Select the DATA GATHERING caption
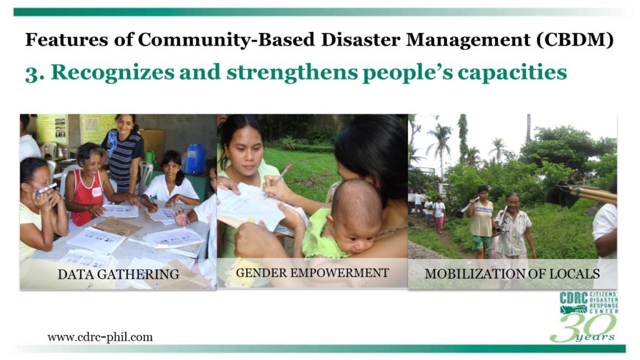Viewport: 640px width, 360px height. [118, 274]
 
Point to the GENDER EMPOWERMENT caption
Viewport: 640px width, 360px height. [312, 272]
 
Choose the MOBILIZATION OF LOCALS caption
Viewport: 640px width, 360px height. [512, 274]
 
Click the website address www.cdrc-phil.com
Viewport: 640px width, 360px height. [100, 337]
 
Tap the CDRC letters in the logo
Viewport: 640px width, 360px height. [574, 298]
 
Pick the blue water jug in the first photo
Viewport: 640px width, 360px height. [196, 159]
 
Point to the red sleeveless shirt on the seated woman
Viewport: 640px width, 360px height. [87, 198]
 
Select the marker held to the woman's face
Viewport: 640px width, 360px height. [46, 189]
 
